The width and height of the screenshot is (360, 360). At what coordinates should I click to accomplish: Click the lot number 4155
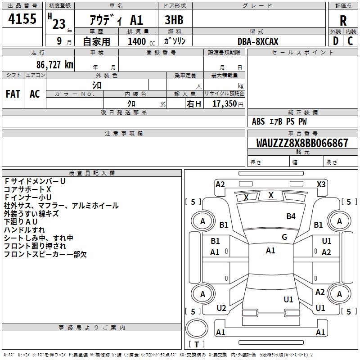click(22, 18)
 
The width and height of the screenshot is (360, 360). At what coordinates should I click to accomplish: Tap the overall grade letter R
click(343, 21)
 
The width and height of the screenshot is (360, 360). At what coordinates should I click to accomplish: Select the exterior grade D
click(336, 41)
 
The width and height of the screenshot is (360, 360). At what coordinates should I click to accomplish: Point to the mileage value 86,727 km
click(54, 64)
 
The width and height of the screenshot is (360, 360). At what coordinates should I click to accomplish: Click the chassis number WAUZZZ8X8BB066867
click(302, 143)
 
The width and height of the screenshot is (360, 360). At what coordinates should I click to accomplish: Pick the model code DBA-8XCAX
click(258, 41)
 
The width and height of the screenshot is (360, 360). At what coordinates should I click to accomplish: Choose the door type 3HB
click(174, 20)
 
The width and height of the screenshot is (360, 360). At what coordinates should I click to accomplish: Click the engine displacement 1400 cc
click(141, 41)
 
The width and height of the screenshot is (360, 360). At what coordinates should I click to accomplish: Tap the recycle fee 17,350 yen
click(228, 104)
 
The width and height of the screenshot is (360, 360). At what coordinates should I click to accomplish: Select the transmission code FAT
click(13, 94)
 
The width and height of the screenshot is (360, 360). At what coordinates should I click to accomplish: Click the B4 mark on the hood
click(291, 216)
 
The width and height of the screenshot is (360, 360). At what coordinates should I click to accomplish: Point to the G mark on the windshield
click(284, 237)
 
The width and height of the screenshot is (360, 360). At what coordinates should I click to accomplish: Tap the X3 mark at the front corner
click(321, 184)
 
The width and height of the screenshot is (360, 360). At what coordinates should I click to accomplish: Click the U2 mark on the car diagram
click(221, 308)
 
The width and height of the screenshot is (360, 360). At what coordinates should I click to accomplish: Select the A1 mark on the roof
click(270, 251)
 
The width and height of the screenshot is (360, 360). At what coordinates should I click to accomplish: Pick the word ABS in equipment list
click(258, 121)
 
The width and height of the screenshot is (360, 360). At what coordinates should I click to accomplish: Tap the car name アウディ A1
click(117, 20)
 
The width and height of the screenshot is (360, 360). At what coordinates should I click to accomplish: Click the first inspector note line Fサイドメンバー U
click(35, 181)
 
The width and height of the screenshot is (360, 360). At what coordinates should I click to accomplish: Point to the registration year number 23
click(59, 24)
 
